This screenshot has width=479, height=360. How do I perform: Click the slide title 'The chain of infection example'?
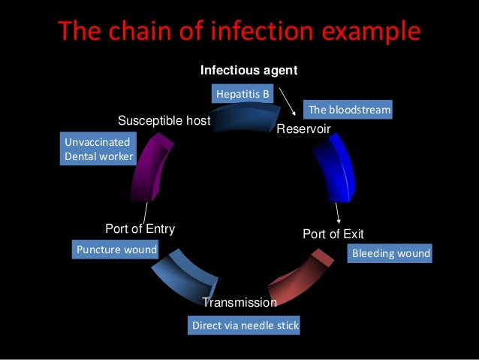[239, 32]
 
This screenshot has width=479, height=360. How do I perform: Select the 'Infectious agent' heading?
[249, 70]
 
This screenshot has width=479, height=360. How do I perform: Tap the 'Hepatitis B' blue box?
[242, 94]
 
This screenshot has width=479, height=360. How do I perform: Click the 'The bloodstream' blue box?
[349, 110]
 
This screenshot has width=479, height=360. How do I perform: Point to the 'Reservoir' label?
[303, 130]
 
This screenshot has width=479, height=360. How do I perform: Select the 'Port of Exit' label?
[333, 234]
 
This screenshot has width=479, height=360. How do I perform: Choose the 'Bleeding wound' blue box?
[390, 253]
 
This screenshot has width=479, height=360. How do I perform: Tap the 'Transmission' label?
[239, 302]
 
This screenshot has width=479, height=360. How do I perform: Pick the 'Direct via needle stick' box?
[246, 326]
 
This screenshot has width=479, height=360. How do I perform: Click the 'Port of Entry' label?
[140, 229]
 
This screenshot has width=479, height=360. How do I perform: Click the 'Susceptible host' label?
[164, 120]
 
